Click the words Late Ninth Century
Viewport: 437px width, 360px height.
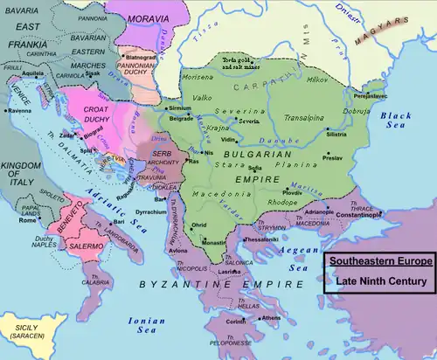pyautogui.click(x=378, y=281)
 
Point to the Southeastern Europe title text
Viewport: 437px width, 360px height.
pyautogui.click(x=378, y=262)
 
